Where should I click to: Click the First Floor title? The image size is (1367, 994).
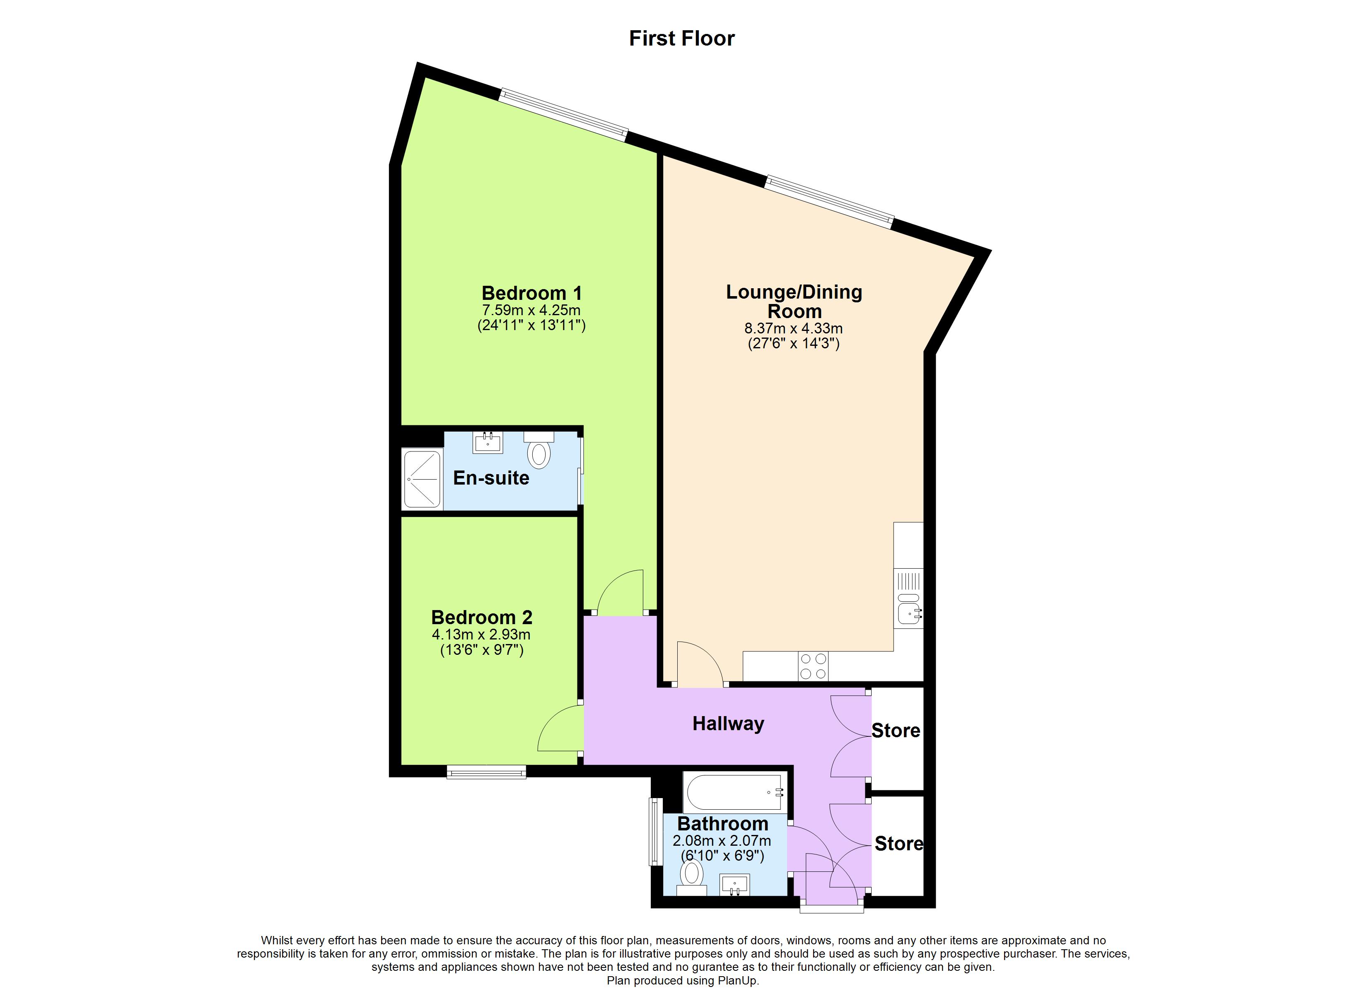682,39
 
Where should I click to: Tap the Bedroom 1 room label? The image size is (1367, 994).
531,294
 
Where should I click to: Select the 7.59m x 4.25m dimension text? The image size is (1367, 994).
531,311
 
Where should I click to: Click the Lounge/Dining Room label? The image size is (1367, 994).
794,302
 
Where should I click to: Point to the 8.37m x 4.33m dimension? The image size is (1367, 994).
793,328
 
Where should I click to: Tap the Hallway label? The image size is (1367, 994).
728,724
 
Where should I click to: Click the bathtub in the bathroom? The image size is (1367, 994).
734,792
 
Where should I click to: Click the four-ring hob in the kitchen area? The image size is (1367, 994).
812,666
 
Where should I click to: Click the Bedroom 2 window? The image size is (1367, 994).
486,772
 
